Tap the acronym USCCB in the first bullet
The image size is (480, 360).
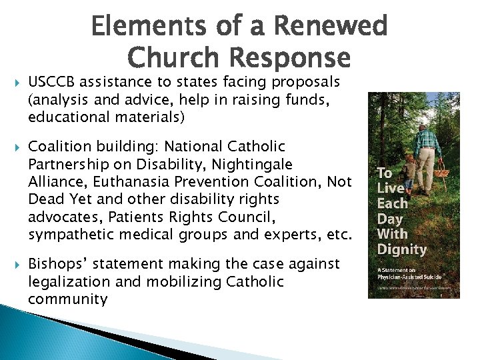coord(51,82)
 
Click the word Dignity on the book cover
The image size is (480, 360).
coord(401,249)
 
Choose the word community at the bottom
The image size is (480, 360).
coord(67,299)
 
